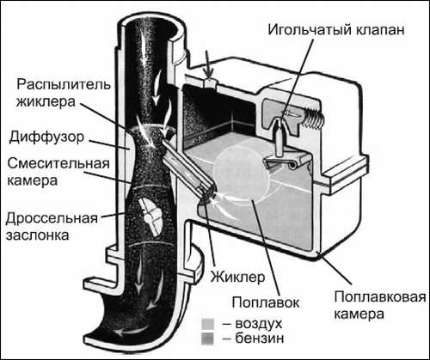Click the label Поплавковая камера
point(368,306)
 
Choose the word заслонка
point(34,235)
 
